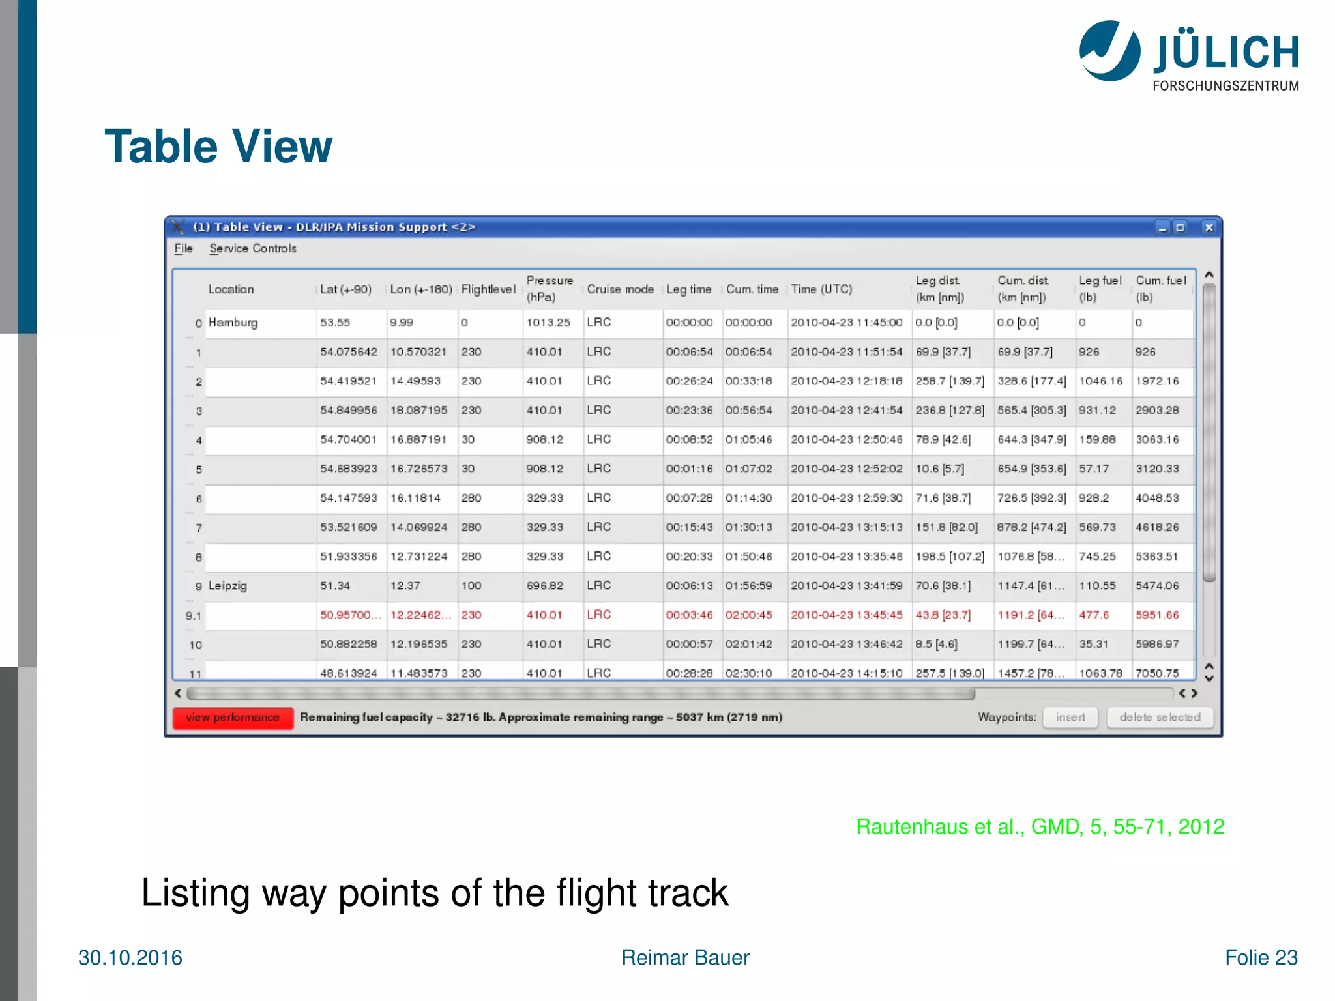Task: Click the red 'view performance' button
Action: coord(233,718)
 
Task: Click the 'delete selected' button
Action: coord(1160,718)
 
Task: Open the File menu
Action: coord(183,248)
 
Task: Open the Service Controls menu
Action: coord(253,248)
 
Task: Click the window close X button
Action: coord(1209,227)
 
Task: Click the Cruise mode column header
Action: coord(620,289)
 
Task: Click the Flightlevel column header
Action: coord(488,289)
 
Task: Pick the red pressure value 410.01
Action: coord(544,615)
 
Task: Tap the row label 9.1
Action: coord(194,616)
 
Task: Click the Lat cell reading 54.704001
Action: coord(348,440)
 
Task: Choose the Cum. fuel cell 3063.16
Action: coord(1157,440)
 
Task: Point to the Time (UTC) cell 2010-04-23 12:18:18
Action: coord(847,381)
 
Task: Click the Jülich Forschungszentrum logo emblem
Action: coord(1109,51)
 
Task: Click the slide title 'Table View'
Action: coord(218,146)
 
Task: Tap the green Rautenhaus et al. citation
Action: coord(1040,826)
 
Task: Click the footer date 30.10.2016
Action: coord(130,957)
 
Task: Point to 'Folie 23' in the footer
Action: coord(1261,957)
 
